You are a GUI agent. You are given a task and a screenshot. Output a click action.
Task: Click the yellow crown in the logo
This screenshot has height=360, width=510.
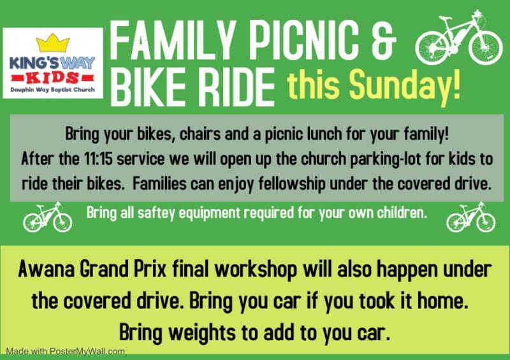tap(53, 43)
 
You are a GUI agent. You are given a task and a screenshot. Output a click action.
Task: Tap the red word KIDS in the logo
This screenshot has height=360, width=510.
tap(53, 78)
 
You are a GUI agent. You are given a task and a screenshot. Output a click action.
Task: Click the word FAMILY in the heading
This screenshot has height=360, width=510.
tap(172, 41)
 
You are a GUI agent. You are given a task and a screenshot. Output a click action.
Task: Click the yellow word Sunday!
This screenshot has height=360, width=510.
tap(405, 85)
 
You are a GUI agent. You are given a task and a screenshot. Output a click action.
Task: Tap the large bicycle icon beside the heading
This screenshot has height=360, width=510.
tap(459, 38)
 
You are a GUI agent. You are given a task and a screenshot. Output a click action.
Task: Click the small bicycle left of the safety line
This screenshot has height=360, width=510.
tap(47, 217)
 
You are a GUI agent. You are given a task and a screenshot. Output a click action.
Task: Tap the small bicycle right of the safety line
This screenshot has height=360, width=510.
tap(470, 217)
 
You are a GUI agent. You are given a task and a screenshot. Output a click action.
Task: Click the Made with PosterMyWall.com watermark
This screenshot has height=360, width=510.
tap(66, 352)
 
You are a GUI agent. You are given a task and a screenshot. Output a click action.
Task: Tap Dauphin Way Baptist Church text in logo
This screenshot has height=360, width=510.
tap(53, 89)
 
